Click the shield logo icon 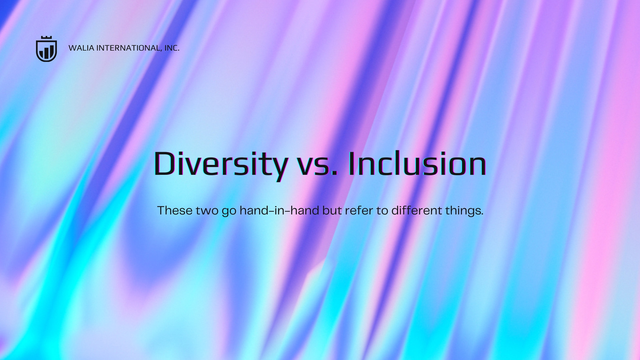(x=46, y=49)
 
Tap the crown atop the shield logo (x=46, y=38)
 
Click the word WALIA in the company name (x=82, y=48)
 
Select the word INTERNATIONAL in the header (x=128, y=48)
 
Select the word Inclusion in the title (x=418, y=163)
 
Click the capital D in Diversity (x=165, y=163)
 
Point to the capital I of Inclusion (x=352, y=163)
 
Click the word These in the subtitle (x=175, y=210)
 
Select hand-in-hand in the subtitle (x=280, y=210)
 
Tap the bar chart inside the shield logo (x=46, y=52)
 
